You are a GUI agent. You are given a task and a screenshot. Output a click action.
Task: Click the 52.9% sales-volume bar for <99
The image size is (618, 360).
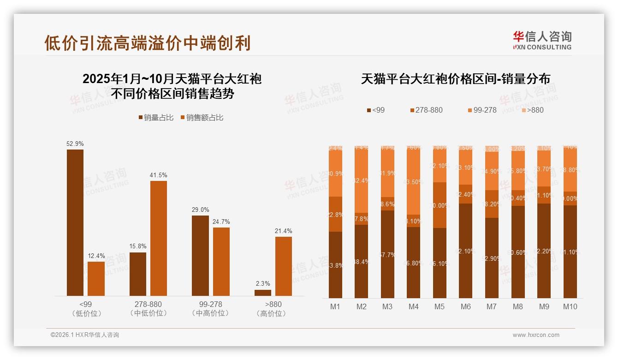pos(75,222)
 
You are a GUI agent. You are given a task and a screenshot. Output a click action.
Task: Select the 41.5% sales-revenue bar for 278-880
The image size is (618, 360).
pos(159,238)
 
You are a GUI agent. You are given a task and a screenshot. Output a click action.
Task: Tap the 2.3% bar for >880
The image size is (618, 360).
pos(263,293)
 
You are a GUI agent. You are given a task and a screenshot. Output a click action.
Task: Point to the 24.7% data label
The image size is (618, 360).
pos(221,222)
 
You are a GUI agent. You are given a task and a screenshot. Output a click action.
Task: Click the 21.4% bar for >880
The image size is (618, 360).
pos(284,266)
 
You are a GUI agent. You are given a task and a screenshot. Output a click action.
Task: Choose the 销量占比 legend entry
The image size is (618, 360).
pos(156,118)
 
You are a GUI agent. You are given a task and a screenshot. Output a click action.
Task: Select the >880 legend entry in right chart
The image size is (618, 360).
pos(532,110)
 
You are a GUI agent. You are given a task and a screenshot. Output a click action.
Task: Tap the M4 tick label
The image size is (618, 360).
pos(414,306)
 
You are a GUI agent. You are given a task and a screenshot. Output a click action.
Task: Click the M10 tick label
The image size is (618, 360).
pos(570,306)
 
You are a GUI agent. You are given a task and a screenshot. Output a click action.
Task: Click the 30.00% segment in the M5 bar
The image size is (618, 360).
pos(440,205)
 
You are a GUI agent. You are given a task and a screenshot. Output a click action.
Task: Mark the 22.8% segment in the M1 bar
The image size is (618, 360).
pos(335,214)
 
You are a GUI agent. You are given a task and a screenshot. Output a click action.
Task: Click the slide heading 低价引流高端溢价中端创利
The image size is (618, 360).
pos(148,43)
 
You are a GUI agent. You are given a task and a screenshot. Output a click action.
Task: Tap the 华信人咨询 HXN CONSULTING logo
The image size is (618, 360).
pos(542,40)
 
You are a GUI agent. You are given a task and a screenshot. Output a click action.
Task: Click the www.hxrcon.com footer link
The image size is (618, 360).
pos(536,335)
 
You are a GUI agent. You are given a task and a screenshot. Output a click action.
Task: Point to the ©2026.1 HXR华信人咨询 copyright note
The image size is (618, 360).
pos(85,335)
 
